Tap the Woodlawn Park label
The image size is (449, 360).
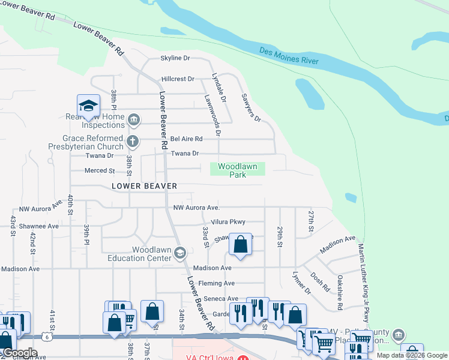[x=237, y=170]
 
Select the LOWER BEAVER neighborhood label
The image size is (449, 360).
[x=144, y=186]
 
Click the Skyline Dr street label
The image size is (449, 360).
[x=175, y=58]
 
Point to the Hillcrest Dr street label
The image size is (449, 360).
[x=178, y=79]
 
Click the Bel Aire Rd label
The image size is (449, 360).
[x=187, y=139]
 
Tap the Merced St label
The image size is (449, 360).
[x=100, y=171]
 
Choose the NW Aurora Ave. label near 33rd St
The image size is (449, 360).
[x=196, y=208]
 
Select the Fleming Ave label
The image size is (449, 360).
[x=216, y=283]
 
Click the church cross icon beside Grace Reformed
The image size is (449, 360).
[x=133, y=142]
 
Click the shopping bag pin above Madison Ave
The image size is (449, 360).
[x=240, y=245]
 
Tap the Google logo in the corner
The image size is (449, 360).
[x=20, y=353]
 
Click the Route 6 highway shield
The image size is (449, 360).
[x=46, y=337]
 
